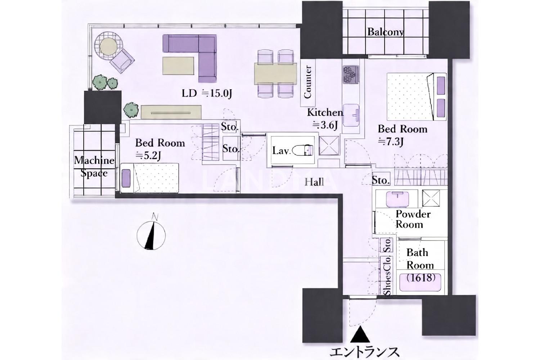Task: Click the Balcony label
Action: click(x=385, y=32)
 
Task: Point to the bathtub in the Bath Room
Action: click(x=420, y=282)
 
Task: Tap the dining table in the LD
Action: click(x=275, y=74)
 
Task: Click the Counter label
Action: click(x=307, y=82)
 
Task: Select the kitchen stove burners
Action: click(x=350, y=75)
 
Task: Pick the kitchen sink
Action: click(x=351, y=115)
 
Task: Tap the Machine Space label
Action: click(x=94, y=167)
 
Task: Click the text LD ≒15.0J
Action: click(x=207, y=93)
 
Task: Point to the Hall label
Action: click(x=314, y=182)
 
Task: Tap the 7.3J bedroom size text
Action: click(x=391, y=142)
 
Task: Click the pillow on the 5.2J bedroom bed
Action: click(x=126, y=178)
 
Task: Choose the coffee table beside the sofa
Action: click(x=178, y=66)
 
